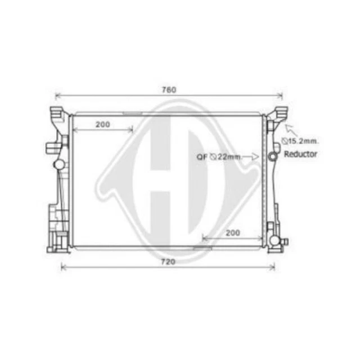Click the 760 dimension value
point(169,90)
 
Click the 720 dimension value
point(168,262)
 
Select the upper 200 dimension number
point(102,125)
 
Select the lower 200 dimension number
point(233,232)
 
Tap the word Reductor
point(300,154)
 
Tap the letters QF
point(202,157)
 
